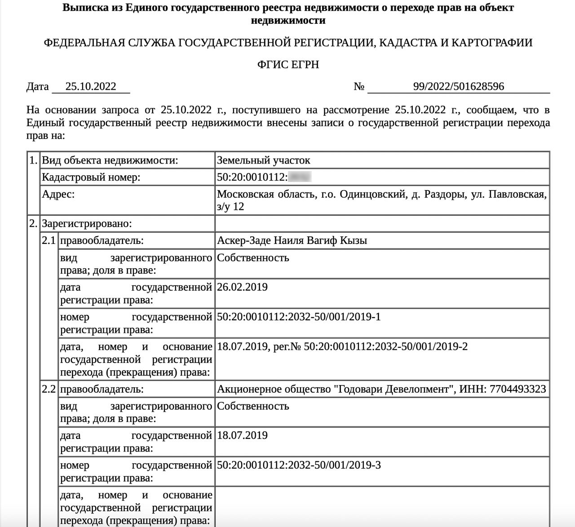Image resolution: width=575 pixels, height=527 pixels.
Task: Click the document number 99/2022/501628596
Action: click(x=458, y=86)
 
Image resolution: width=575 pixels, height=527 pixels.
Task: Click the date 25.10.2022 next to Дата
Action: click(x=91, y=86)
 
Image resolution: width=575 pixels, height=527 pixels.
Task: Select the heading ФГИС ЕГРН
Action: click(x=288, y=64)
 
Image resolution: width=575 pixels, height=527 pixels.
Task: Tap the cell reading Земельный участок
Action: click(x=263, y=160)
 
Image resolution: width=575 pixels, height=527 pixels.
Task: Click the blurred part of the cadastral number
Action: click(x=300, y=177)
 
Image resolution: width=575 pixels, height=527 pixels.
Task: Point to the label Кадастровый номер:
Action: click(x=91, y=177)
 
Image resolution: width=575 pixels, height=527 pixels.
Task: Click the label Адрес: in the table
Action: click(x=58, y=194)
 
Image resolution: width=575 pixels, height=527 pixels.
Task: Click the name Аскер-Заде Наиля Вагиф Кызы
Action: click(x=292, y=240)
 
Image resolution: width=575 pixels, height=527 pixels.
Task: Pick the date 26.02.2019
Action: click(x=242, y=287)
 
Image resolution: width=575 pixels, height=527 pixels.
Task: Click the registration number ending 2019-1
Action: click(x=299, y=317)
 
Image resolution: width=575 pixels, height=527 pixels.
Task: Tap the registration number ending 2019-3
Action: click(x=299, y=465)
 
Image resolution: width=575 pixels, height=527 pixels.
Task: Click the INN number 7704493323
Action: click(x=517, y=389)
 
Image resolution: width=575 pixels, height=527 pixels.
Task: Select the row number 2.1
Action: click(x=49, y=240)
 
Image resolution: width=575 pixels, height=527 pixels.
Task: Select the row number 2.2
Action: click(x=49, y=389)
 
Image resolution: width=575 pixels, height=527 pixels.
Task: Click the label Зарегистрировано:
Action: click(x=87, y=223)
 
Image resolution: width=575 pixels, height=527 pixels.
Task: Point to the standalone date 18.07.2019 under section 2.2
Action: click(x=242, y=435)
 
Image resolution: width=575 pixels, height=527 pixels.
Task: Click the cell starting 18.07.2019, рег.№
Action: click(x=342, y=346)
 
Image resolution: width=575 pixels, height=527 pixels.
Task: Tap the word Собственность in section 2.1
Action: click(x=253, y=258)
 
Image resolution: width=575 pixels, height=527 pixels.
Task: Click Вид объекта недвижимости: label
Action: click(x=110, y=160)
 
